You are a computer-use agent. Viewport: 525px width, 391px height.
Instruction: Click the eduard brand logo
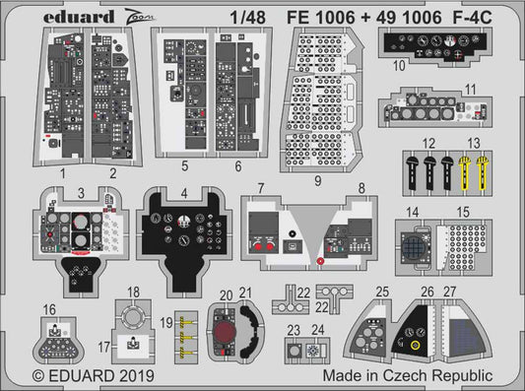click(46, 14)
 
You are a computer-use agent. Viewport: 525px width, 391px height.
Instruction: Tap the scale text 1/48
click(233, 14)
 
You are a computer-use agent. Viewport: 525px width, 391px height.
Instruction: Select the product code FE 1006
click(318, 14)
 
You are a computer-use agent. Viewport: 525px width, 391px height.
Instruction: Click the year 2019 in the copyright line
click(120, 375)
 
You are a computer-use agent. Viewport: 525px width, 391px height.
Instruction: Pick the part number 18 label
click(134, 291)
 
